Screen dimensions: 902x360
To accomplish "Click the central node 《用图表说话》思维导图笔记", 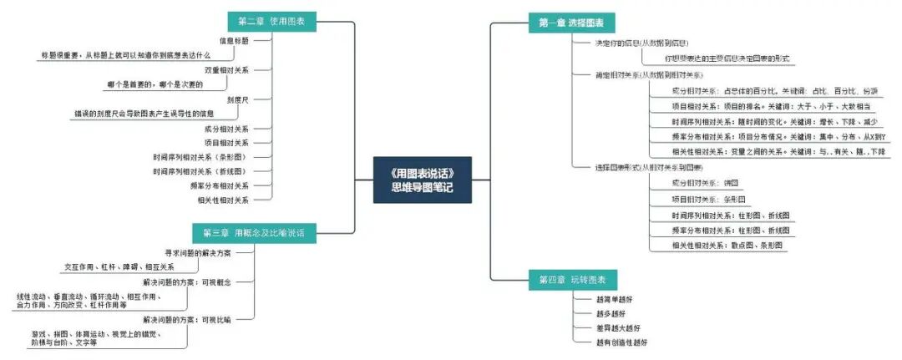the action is [x=423, y=180].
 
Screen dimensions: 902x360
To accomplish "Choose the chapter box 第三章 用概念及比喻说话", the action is [x=255, y=233].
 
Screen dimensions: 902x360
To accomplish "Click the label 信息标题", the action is [x=234, y=40].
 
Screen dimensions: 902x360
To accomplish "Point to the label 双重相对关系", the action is [x=226, y=70].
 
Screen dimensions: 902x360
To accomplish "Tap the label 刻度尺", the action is [x=238, y=99].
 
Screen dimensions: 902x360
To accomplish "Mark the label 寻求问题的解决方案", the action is [x=198, y=252].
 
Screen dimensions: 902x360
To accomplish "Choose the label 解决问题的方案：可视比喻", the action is [x=186, y=319].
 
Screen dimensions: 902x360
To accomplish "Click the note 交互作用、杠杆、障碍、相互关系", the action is [x=119, y=266].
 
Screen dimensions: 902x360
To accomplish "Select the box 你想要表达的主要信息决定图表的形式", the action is [x=727, y=58].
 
